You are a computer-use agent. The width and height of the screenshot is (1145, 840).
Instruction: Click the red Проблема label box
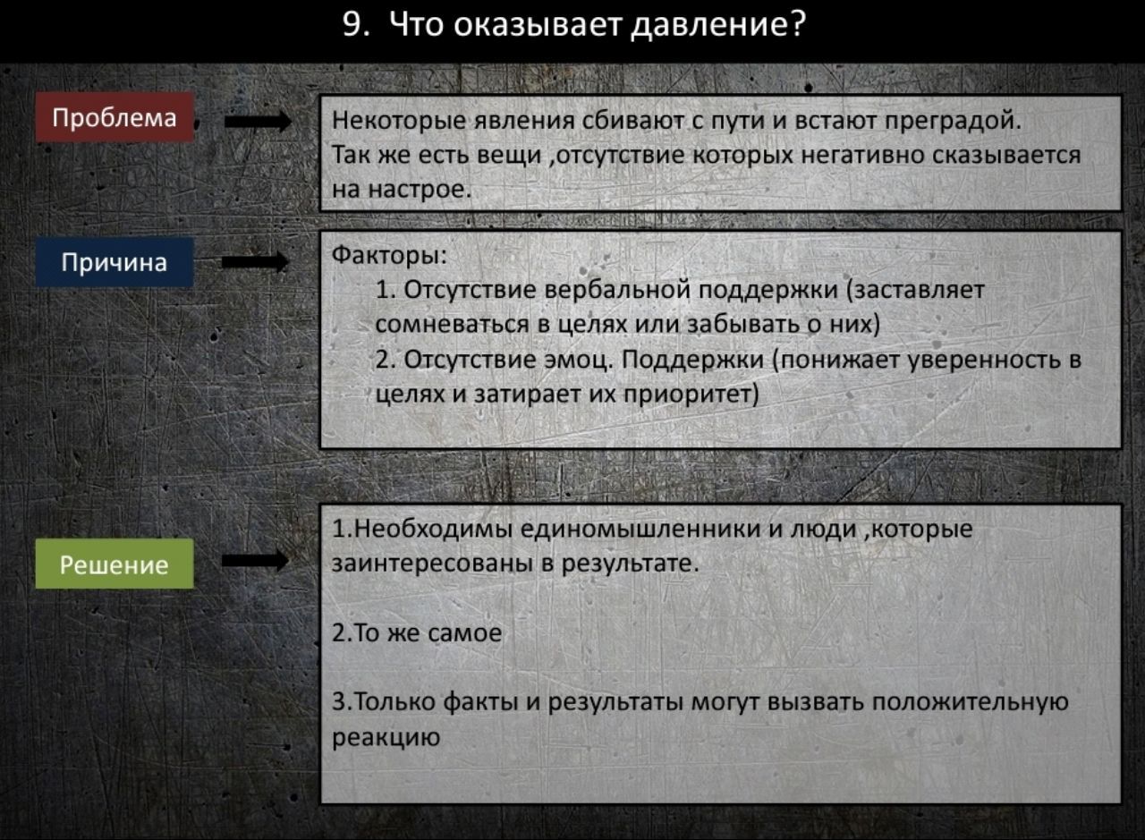(114, 117)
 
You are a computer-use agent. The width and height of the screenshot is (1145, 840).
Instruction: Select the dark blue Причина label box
(114, 262)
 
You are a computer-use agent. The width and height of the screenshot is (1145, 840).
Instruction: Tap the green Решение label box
(114, 564)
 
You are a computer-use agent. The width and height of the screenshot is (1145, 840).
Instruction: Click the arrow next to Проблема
(258, 122)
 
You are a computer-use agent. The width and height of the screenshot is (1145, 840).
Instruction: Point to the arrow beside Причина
(256, 262)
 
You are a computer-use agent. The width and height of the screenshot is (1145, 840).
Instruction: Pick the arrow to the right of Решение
(256, 561)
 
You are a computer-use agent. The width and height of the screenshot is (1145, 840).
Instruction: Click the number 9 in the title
(352, 24)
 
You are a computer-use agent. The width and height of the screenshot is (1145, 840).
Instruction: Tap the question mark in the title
(797, 23)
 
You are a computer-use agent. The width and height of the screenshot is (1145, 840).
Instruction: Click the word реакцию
(386, 738)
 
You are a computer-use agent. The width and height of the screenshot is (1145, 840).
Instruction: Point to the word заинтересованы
(432, 564)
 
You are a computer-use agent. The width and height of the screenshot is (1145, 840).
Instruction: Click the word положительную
(970, 702)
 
